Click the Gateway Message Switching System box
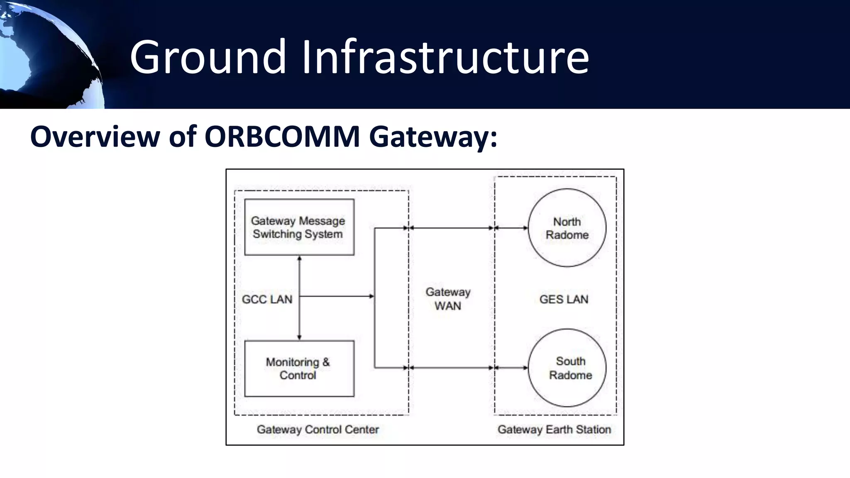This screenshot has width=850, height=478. (299, 227)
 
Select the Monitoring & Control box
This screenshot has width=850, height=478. (299, 368)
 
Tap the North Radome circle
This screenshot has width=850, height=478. (567, 228)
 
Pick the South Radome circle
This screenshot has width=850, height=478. (567, 368)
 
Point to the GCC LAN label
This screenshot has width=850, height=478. (267, 299)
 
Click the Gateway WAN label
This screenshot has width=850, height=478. (448, 299)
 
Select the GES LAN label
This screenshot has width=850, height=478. (564, 299)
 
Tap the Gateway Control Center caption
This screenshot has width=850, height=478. (318, 429)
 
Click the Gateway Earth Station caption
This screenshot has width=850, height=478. (554, 429)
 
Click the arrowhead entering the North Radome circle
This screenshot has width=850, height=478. (525, 228)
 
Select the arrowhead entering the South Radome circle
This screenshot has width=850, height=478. (525, 368)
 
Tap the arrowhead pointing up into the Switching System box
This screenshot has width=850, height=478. (299, 258)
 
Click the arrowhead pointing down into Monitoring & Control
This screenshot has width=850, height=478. (299, 337)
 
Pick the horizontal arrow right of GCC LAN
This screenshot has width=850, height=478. (336, 296)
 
